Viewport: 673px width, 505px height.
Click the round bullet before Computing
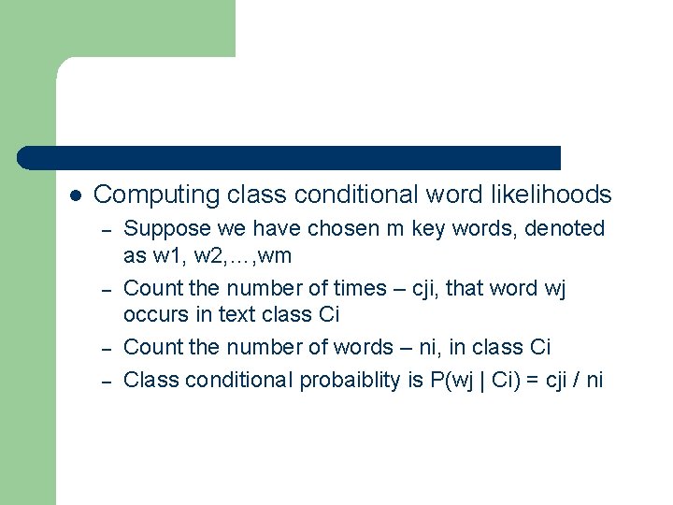coord(77,195)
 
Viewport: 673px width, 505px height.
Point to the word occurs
coord(154,316)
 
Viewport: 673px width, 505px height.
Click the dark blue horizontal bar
coord(290,158)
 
